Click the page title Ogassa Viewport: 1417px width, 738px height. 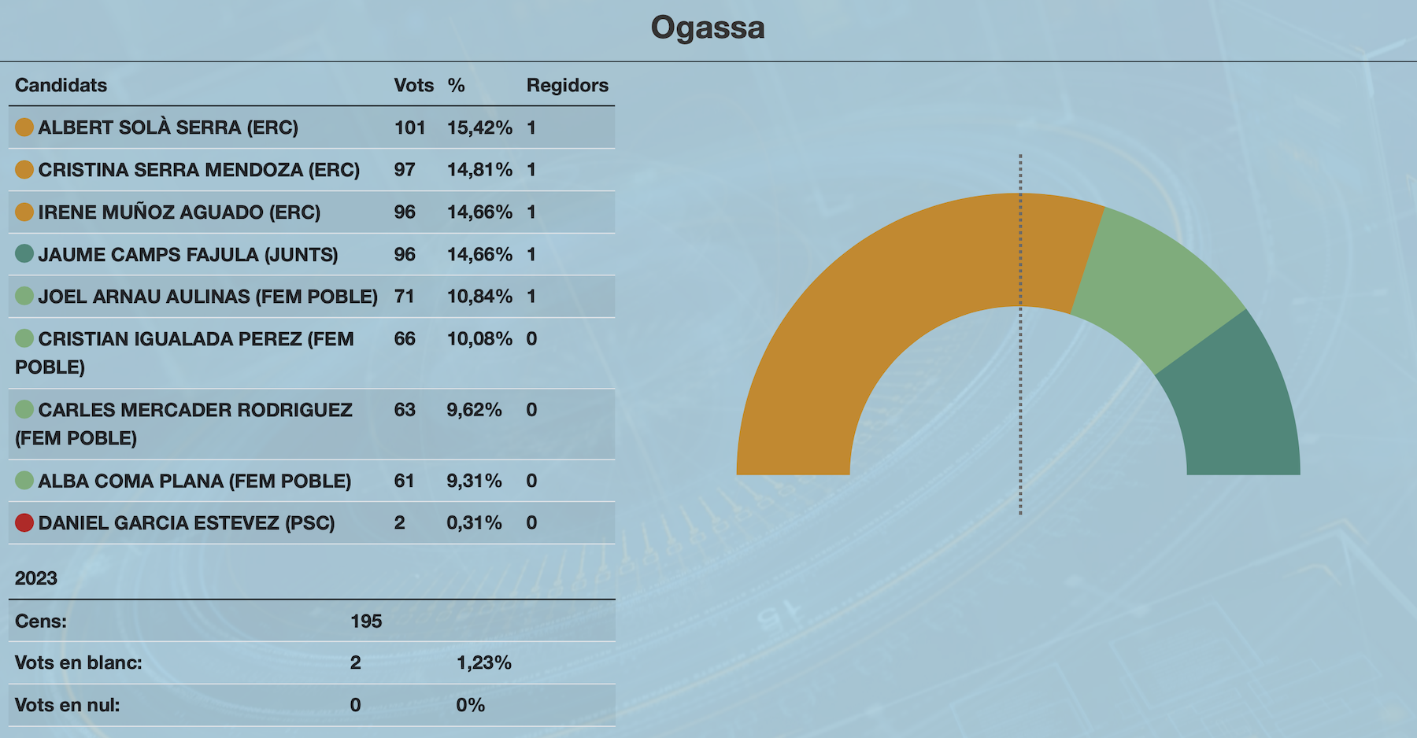point(707,28)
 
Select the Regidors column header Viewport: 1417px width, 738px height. point(567,85)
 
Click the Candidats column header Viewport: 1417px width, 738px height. point(61,85)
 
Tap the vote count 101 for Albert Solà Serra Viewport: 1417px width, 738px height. point(409,127)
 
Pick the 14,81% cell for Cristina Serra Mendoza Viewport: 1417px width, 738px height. point(479,170)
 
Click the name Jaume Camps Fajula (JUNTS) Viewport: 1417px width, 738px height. point(188,255)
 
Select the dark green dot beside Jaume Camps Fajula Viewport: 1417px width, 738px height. point(24,253)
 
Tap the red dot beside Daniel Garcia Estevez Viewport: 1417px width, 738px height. point(24,522)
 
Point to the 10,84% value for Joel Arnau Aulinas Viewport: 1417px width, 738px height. point(479,297)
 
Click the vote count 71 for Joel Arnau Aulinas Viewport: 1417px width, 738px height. point(404,297)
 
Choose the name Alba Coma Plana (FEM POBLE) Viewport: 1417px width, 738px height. point(194,481)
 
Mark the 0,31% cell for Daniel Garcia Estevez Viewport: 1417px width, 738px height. point(474,523)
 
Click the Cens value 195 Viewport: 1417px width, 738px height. point(366,622)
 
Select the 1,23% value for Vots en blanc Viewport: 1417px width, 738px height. point(483,663)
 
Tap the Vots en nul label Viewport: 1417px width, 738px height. point(67,705)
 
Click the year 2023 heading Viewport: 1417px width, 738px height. point(36,578)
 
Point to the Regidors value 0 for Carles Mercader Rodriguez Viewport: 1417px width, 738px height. point(531,410)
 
